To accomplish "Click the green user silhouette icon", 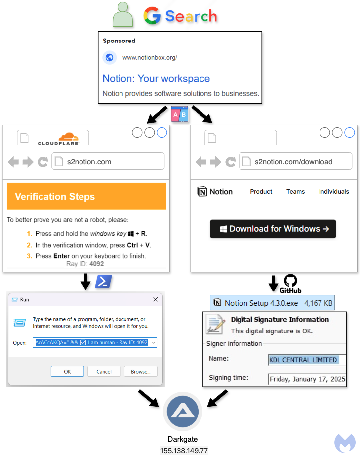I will (x=123, y=15).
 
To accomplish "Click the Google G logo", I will (x=152, y=16).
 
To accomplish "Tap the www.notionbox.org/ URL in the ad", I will (x=150, y=58).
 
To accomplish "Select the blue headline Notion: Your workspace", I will (x=156, y=79).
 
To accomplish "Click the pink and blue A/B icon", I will (x=179, y=114).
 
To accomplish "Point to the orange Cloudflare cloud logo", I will (x=68, y=137).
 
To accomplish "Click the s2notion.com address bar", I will (x=108, y=162).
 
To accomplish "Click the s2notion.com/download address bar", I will (x=295, y=162).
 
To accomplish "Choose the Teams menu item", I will (x=296, y=192).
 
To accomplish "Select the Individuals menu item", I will (x=334, y=192).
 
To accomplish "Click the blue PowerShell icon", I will (x=103, y=282).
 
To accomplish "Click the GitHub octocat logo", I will (x=290, y=280).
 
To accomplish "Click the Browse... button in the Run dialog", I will (x=141, y=371).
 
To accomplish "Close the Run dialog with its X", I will (x=155, y=300).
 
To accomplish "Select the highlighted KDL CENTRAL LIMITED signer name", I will (x=303, y=360).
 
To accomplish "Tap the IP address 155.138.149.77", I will (x=184, y=451).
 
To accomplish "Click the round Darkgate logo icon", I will (x=183, y=412).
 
